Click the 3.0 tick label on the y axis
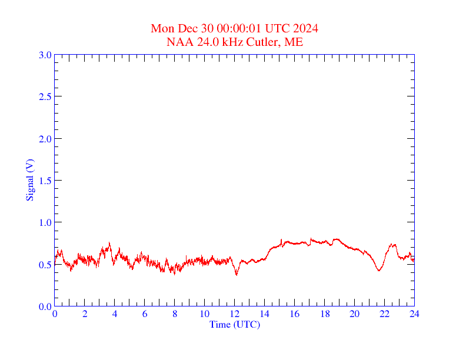click(x=45, y=55)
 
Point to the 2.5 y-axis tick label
click(x=45, y=96)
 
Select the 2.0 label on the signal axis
click(x=45, y=139)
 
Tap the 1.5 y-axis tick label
click(x=45, y=181)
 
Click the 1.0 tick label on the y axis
click(x=45, y=222)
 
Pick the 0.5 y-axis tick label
click(x=45, y=265)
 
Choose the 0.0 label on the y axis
click(x=45, y=306)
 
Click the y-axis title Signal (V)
click(x=29, y=179)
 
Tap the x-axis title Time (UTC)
click(x=234, y=324)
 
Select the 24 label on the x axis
click(x=414, y=314)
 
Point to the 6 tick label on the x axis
click(x=145, y=314)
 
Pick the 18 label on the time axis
click(x=324, y=314)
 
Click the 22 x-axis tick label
click(x=384, y=314)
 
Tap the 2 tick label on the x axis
click(x=85, y=314)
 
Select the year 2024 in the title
click(x=306, y=28)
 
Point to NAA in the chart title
click(x=178, y=42)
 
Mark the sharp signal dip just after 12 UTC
click(x=237, y=275)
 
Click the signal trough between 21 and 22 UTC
click(x=379, y=271)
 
